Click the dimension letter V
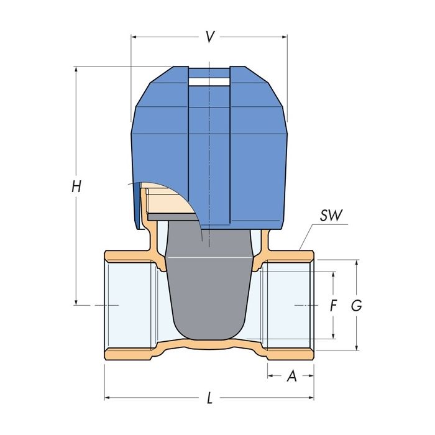[x=210, y=37]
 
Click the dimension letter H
[x=76, y=186]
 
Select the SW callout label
[x=331, y=216]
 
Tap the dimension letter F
[x=333, y=306]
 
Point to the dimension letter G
[x=356, y=306]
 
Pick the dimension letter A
[x=291, y=377]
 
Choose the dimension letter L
[x=209, y=398]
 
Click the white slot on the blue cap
[x=209, y=80]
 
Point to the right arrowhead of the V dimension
[x=285, y=37]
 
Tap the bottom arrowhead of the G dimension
[x=357, y=348]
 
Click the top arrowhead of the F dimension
[x=334, y=275]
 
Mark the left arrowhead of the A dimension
[x=270, y=376]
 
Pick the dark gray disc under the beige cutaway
[x=171, y=215]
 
